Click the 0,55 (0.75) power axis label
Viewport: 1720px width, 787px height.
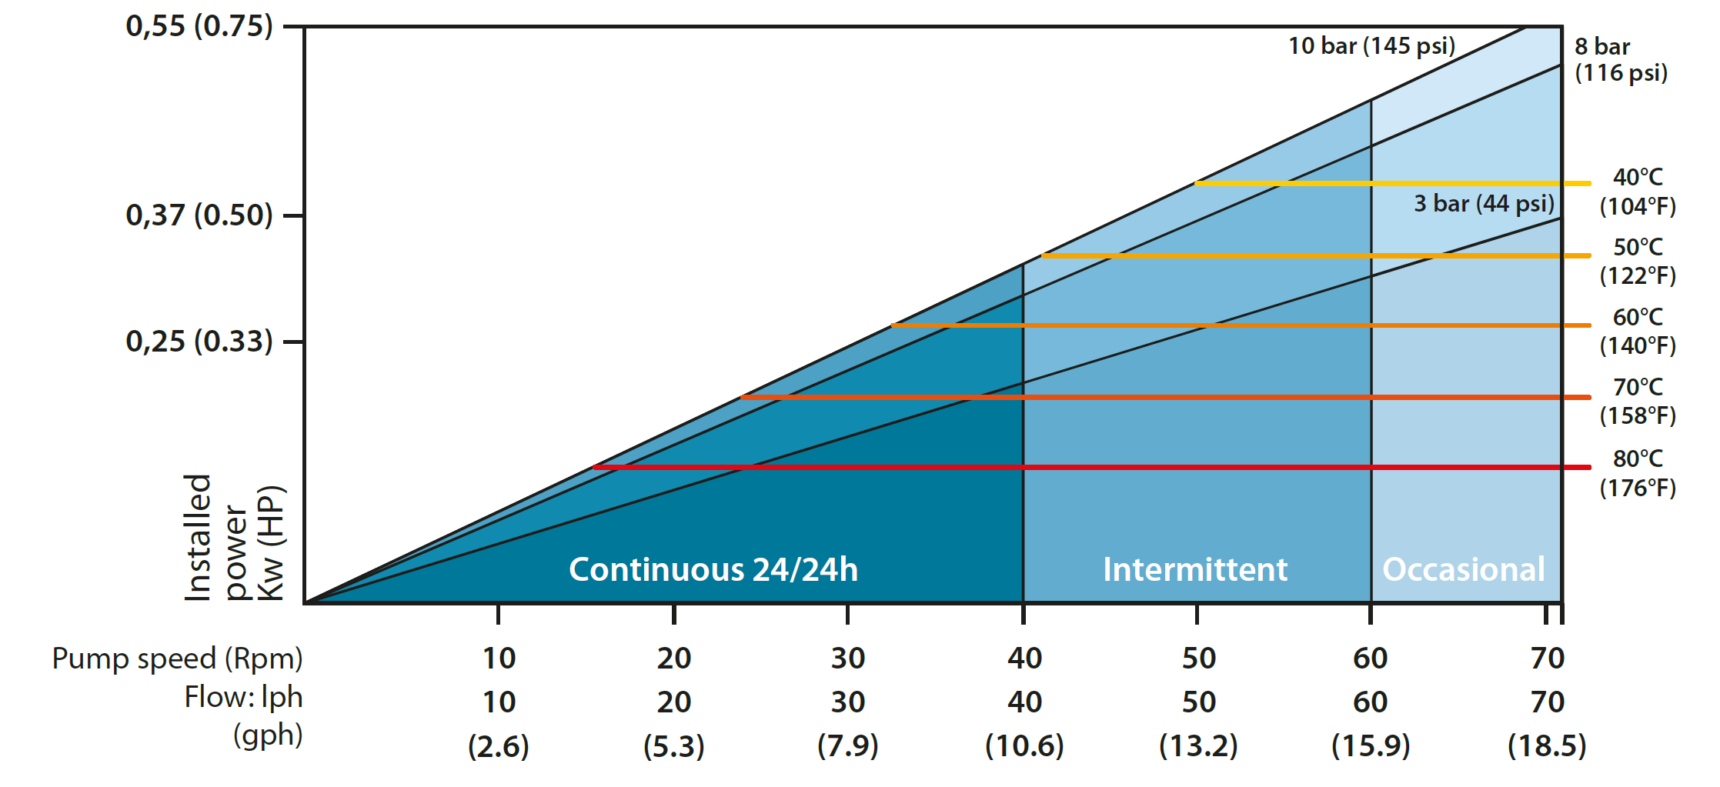[199, 26]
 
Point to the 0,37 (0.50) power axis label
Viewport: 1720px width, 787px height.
[199, 215]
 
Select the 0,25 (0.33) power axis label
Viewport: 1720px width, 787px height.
[199, 341]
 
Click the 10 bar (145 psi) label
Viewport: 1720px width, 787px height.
[1371, 45]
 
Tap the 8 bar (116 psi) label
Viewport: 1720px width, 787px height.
[1621, 59]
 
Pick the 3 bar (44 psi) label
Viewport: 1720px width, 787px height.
[1484, 203]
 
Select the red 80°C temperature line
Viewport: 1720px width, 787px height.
[1077, 467]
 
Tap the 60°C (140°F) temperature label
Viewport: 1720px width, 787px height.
[1638, 331]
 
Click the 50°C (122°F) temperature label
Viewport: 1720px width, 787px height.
[1638, 261]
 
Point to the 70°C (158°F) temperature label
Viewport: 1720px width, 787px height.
[1638, 401]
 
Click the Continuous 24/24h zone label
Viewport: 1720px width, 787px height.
[713, 569]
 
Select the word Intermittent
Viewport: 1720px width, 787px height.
[1195, 569]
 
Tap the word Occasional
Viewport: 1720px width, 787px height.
[1464, 569]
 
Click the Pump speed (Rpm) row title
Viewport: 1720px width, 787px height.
[177, 659]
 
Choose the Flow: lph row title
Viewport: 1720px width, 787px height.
[243, 697]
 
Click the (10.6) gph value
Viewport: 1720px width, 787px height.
[1024, 745]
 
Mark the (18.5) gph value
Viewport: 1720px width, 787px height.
[1547, 745]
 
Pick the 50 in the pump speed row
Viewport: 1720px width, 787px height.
[1198, 659]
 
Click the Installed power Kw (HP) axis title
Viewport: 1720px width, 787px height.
[234, 537]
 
